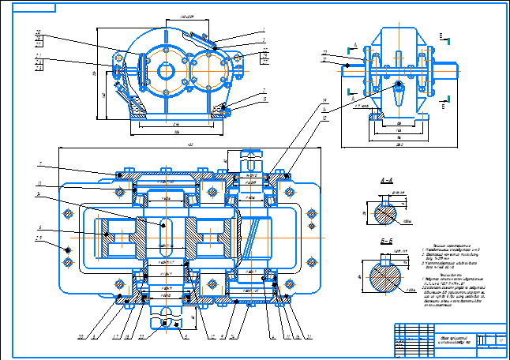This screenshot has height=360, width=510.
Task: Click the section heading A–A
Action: click(387, 181)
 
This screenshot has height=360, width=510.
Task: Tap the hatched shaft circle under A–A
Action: click(384, 212)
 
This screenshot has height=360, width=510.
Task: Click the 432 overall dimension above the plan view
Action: click(189, 144)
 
